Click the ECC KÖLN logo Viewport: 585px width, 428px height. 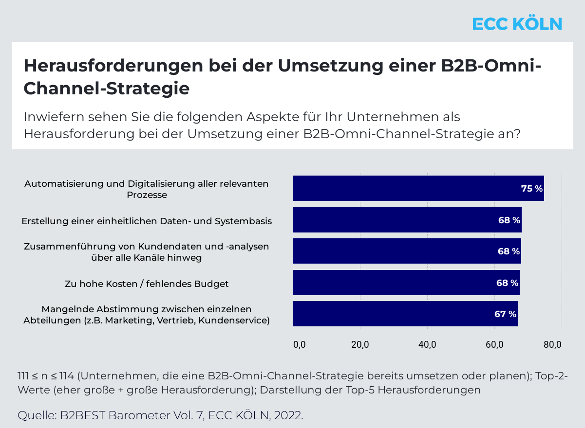pos(517,24)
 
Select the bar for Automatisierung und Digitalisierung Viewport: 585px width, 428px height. pos(418,188)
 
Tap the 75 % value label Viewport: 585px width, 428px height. pos(532,189)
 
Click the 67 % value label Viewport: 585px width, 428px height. pos(505,314)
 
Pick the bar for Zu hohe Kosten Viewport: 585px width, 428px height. pos(406,283)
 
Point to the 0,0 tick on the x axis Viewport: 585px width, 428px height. pos(299,345)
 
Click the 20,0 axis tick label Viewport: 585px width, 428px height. pos(360,345)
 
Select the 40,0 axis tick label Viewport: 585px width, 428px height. pos(427,345)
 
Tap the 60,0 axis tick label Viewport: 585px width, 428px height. pos(494,345)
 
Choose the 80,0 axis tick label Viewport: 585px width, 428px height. pos(552,345)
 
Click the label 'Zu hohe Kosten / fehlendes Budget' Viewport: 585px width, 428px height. pos(147,284)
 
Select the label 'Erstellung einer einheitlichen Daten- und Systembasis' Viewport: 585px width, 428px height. pos(147,221)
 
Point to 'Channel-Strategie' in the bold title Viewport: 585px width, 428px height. pos(106,89)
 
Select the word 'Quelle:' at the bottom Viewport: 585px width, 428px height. pos(37,416)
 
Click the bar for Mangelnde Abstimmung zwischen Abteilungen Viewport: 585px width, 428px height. pos(405,314)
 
